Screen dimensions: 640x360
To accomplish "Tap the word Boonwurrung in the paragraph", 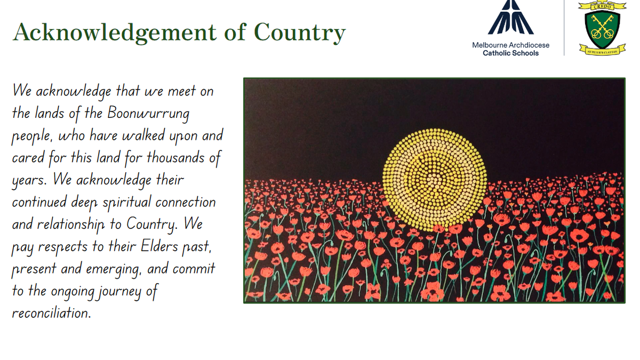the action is tap(148, 114).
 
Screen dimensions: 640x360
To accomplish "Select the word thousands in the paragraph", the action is tap(175, 157).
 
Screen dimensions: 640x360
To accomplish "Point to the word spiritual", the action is tap(126, 203).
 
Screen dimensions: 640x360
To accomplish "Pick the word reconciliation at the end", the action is tap(51, 313).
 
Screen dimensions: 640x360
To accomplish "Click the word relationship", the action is tap(71, 225).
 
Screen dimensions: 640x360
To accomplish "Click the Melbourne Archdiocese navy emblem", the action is tap(510, 17).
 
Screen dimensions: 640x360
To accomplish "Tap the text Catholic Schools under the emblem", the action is tap(510, 53).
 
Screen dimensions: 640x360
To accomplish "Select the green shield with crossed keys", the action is tap(602, 29).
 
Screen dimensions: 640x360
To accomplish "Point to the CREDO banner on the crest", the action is tap(602, 6).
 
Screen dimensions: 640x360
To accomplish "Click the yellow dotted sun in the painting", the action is tap(435, 180).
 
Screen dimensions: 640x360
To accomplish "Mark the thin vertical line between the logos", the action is tap(564, 28).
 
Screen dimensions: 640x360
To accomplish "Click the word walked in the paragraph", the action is tap(143, 135).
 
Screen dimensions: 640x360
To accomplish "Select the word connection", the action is tap(186, 203).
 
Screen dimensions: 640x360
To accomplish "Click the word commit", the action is tap(194, 269).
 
